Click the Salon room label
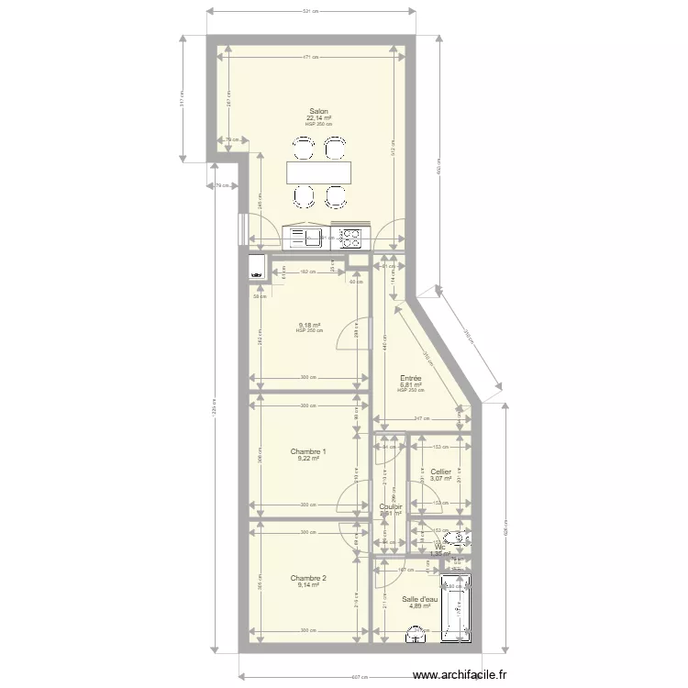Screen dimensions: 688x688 319,111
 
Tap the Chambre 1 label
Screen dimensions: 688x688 307,451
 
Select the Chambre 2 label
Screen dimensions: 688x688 307,578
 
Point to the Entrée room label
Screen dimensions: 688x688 411,378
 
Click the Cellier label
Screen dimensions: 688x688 441,472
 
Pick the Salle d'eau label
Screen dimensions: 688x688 420,599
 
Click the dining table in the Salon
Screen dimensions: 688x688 318,172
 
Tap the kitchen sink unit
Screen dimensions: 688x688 306,239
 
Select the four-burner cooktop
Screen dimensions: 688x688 350,239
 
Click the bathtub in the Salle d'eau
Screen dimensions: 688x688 456,608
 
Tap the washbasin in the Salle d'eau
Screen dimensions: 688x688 418,630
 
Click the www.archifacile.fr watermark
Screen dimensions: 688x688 459,676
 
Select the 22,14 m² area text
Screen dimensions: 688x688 319,118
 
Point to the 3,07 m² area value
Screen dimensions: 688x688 440,479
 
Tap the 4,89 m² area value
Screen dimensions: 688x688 419,606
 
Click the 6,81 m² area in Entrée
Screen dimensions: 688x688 411,385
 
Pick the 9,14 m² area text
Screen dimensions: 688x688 307,585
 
